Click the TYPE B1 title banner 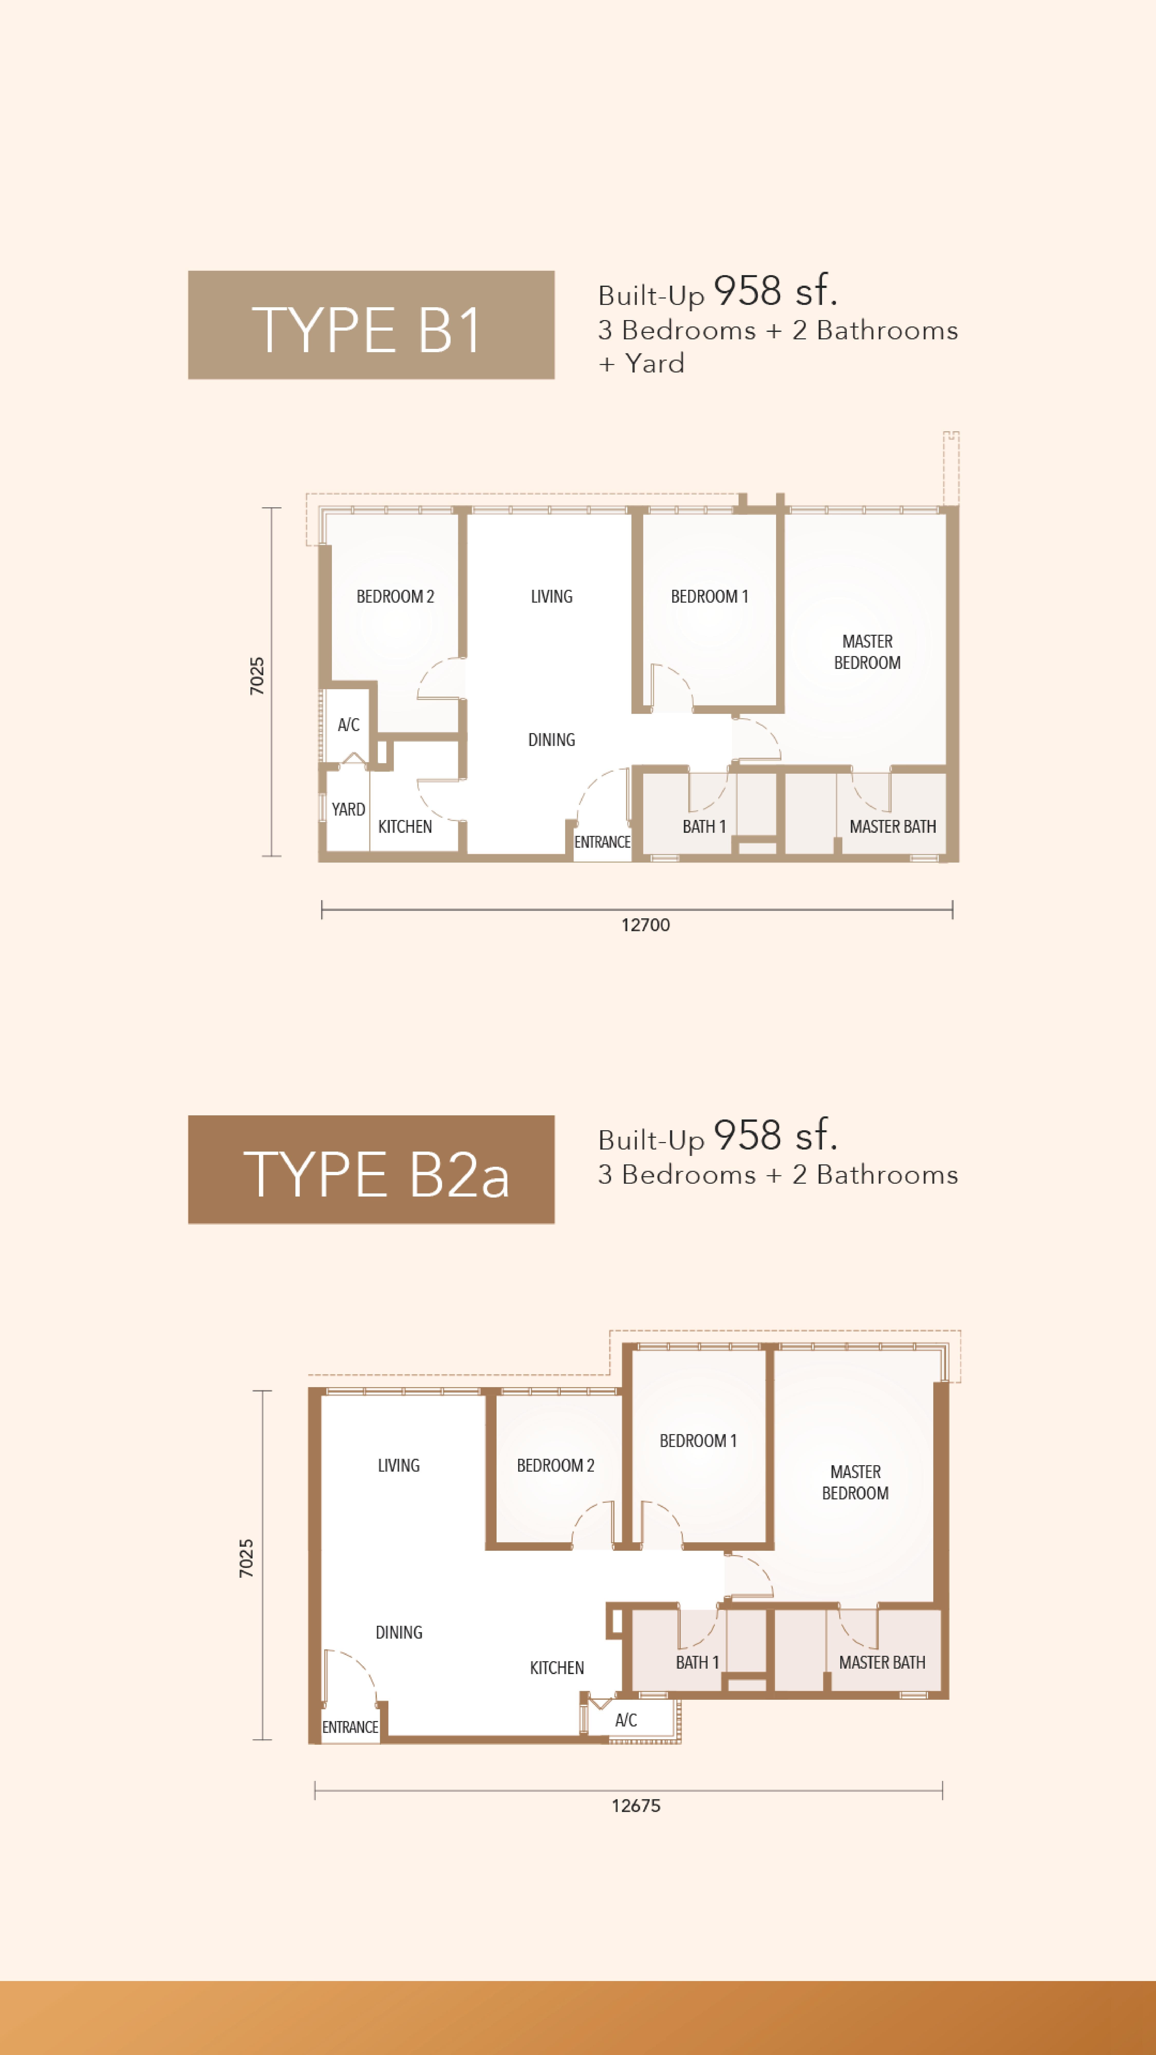click(371, 325)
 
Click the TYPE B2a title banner click(371, 1170)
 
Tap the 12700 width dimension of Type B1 click(645, 925)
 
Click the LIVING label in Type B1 click(551, 597)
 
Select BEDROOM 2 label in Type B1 click(395, 597)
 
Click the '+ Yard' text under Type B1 click(642, 364)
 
